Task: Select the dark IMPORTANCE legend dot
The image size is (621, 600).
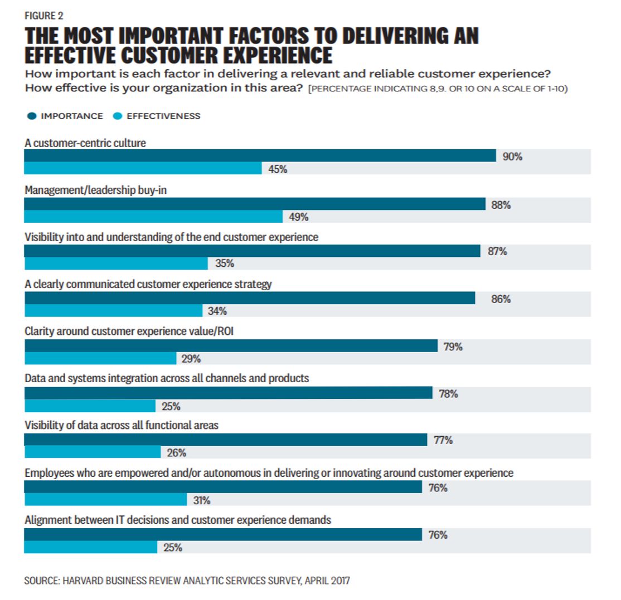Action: point(31,116)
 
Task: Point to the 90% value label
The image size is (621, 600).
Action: point(513,157)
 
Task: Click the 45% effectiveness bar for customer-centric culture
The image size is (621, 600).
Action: point(143,168)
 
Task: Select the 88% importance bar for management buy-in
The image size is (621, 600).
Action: point(255,204)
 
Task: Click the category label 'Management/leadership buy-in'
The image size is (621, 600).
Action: point(96,191)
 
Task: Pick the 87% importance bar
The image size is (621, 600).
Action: point(252,251)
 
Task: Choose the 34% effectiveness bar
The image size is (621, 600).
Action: point(113,310)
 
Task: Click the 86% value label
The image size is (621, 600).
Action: point(501,299)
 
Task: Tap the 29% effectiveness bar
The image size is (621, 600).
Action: point(100,358)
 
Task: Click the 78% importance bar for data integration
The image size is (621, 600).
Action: point(228,393)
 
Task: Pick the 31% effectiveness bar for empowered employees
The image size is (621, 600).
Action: point(105,500)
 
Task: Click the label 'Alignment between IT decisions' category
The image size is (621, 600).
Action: point(178,520)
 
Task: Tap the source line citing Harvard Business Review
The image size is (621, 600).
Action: point(187,581)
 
